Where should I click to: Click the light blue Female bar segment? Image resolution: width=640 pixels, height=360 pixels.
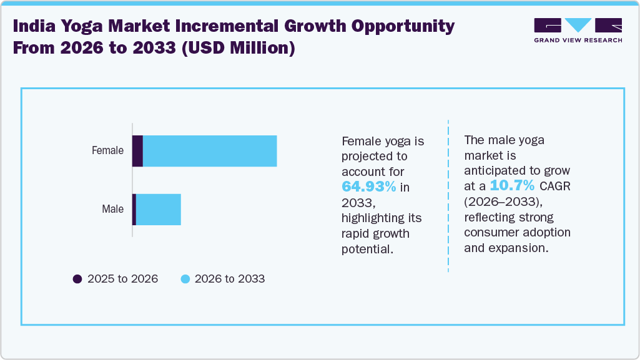pyautogui.click(x=210, y=151)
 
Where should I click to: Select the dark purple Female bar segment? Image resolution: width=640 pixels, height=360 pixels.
pyautogui.click(x=138, y=151)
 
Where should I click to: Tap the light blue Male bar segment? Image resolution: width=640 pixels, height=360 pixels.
pyautogui.click(x=158, y=210)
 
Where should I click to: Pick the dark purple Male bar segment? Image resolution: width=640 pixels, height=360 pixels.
pyautogui.click(x=134, y=210)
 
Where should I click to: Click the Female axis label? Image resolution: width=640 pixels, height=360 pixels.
pyautogui.click(x=107, y=150)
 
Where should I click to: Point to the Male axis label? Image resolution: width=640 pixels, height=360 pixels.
pyautogui.click(x=113, y=210)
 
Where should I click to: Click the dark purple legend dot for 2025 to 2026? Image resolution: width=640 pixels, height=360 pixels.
pyautogui.click(x=77, y=279)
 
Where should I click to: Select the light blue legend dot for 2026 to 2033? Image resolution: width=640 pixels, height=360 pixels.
pyautogui.click(x=185, y=279)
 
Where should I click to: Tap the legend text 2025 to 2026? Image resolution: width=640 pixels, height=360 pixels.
pyautogui.click(x=122, y=279)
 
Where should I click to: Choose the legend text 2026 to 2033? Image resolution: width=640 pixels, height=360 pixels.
pyautogui.click(x=230, y=279)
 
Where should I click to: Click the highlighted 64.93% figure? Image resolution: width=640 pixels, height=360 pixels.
pyautogui.click(x=368, y=187)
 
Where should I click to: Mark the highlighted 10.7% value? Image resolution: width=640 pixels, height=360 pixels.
pyautogui.click(x=512, y=186)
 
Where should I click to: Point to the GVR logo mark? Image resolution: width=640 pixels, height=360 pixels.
pyautogui.click(x=578, y=26)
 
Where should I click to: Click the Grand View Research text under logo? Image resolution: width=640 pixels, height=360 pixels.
pyautogui.click(x=578, y=41)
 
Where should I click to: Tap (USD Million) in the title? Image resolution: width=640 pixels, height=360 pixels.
pyautogui.click(x=238, y=48)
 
